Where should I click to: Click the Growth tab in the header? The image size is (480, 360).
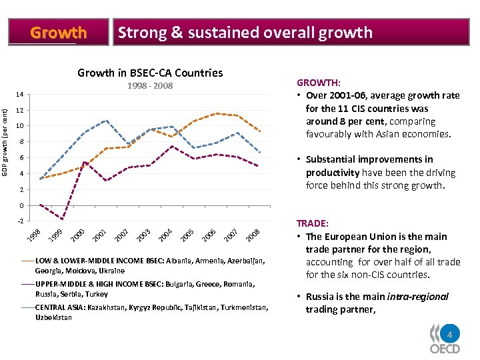pos(59,32)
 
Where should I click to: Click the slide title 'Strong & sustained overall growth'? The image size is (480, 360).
pos(244,32)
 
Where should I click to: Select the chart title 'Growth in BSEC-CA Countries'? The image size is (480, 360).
pos(150,73)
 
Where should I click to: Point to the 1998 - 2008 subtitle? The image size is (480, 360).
pos(150,86)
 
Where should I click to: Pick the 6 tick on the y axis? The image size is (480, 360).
pos(20,158)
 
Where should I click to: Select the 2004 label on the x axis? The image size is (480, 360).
pos(166,235)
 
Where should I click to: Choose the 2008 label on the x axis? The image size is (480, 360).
pos(252,235)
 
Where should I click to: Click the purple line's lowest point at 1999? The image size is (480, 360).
pos(63,219)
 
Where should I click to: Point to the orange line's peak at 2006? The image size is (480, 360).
pos(216,113)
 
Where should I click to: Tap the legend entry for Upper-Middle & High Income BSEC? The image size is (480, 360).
pos(145,288)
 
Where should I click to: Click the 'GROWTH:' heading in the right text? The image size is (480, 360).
pos(319,83)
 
